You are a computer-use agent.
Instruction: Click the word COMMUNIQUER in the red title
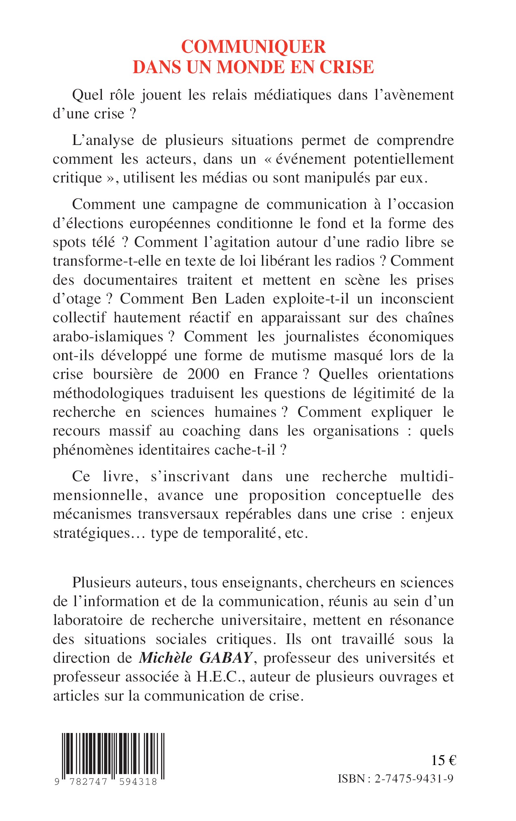tap(253, 47)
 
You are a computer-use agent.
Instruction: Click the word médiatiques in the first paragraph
tap(293, 95)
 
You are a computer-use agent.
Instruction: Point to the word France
tap(276, 374)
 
